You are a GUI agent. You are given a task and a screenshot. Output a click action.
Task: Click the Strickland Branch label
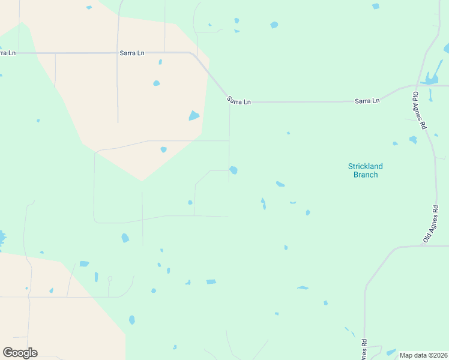tap(365, 170)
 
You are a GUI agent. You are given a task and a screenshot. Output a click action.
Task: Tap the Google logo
tap(20, 352)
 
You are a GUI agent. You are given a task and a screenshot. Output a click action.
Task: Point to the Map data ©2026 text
tap(424, 355)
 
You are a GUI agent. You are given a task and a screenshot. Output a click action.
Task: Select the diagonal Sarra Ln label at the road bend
tap(238, 101)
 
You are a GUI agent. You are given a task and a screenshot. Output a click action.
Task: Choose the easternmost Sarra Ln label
tap(367, 101)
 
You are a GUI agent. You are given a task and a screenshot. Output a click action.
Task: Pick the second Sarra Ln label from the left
tap(132, 53)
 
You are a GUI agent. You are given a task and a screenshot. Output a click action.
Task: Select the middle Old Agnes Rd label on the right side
tap(431, 224)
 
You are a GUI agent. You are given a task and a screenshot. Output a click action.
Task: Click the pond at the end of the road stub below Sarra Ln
tap(233, 170)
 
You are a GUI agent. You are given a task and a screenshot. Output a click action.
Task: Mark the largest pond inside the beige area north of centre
tap(194, 115)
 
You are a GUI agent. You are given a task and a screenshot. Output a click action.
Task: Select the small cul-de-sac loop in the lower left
tap(109, 279)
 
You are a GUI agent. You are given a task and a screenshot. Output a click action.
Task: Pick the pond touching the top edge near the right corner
tap(375, 6)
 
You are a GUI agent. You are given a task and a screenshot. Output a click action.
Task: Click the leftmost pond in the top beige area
tap(157, 83)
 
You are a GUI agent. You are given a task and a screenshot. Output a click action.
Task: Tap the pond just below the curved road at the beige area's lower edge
tap(163, 149)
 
